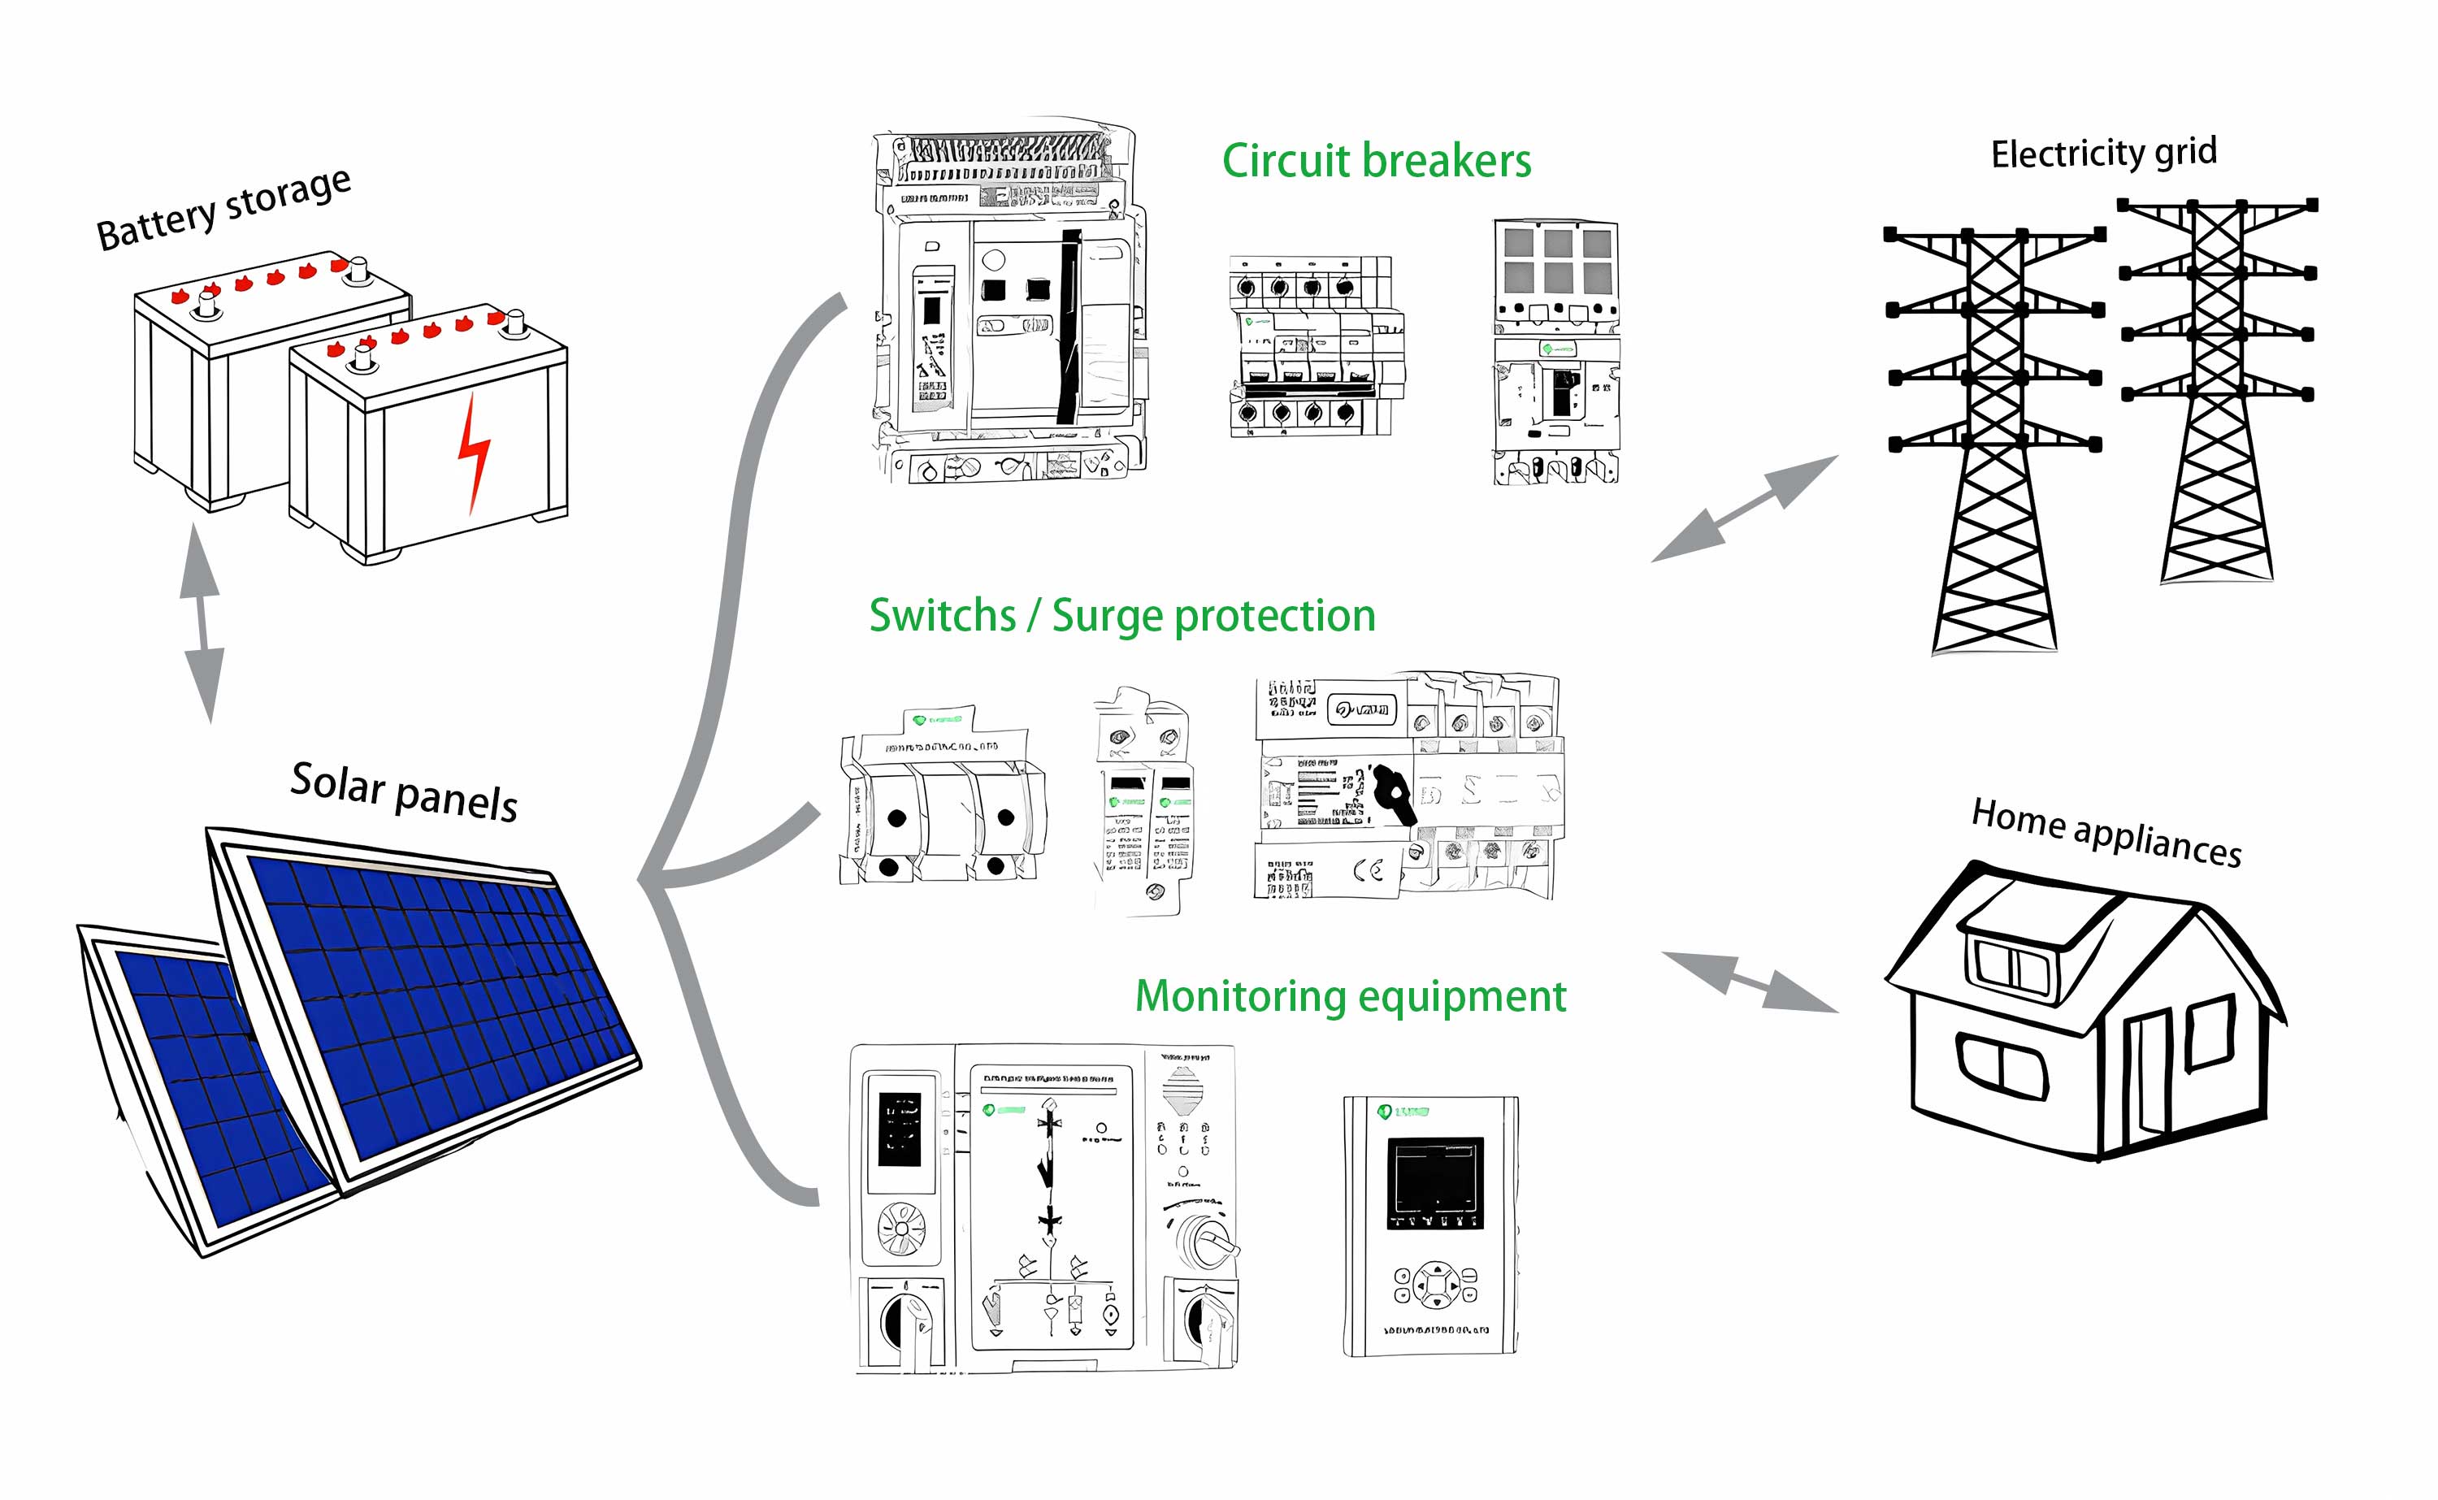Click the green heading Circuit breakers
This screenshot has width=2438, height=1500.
1376,161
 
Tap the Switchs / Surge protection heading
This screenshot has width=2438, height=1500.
1121,616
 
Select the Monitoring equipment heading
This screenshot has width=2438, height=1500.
1350,996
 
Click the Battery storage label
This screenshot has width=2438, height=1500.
223,210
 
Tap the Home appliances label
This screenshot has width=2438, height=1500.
2106,832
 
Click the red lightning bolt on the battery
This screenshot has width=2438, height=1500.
473,453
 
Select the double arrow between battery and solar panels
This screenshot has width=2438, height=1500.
202,623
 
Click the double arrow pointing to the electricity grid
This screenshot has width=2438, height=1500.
1744,509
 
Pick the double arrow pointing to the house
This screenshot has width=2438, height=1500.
1750,982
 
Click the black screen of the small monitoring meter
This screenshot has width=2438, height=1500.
1434,1184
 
